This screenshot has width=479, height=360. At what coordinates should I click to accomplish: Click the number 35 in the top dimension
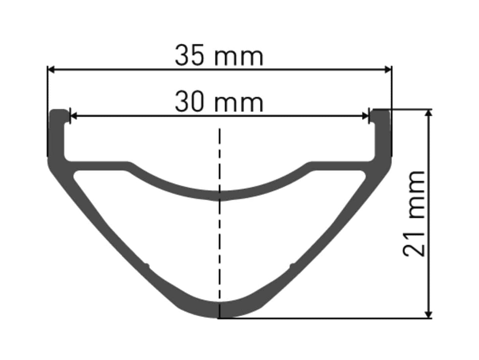tap(190, 55)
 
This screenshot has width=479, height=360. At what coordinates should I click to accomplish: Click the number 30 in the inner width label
tap(190, 101)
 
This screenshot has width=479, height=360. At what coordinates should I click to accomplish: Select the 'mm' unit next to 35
tap(239, 57)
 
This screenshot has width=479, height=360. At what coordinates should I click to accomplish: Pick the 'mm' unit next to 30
tap(239, 104)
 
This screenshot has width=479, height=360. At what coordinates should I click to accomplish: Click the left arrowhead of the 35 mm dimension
tap(51, 69)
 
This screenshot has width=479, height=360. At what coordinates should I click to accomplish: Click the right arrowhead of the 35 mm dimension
tap(388, 69)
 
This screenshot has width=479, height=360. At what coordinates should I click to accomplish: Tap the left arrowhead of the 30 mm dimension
tap(73, 116)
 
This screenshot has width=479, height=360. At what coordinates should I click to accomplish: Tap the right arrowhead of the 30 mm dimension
tap(365, 116)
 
